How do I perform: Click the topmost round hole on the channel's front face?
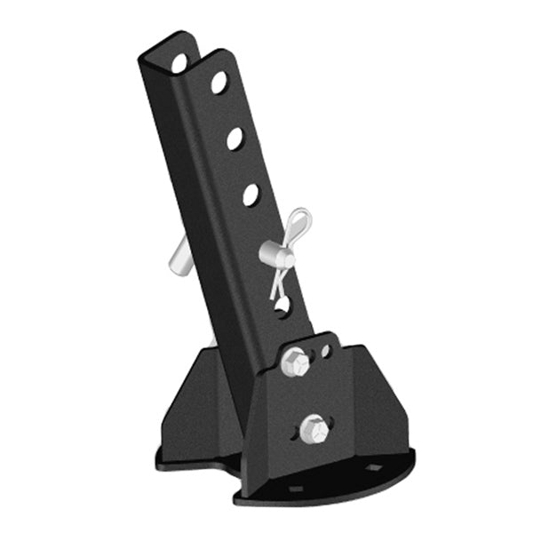(x=219, y=83)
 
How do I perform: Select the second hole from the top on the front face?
(x=235, y=139)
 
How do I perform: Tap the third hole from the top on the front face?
(x=251, y=194)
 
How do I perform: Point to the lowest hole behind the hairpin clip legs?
(x=282, y=306)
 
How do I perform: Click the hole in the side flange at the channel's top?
(x=179, y=63)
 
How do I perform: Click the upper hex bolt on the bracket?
(x=295, y=362)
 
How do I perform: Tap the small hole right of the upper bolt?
(x=326, y=351)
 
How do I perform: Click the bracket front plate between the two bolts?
(x=306, y=396)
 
